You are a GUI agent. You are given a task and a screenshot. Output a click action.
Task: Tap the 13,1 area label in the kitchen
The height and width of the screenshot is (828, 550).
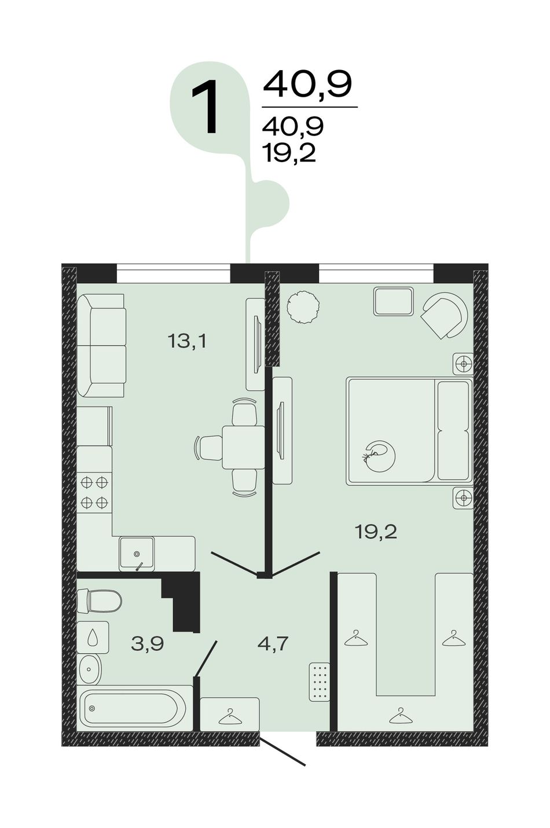[186, 341]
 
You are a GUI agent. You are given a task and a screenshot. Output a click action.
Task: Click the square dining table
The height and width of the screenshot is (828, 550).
[243, 447]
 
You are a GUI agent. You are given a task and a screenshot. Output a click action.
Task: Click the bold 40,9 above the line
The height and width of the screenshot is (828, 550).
[307, 85]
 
